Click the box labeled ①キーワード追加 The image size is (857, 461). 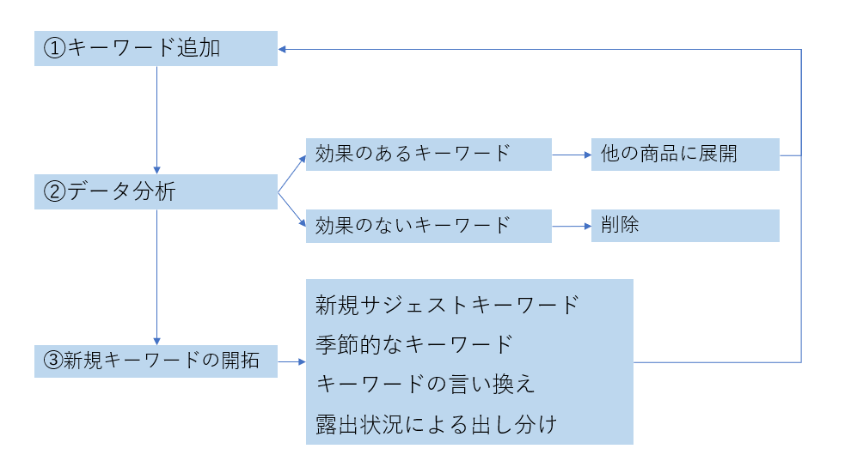pyautogui.click(x=156, y=49)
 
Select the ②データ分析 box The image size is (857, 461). pyautogui.click(x=156, y=191)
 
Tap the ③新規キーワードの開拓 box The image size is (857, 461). pyautogui.click(x=156, y=361)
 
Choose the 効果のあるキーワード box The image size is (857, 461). pyautogui.click(x=428, y=155)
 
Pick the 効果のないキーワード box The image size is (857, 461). pyautogui.click(x=428, y=226)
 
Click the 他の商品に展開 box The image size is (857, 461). pyautogui.click(x=685, y=155)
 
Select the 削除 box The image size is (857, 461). pyautogui.click(x=685, y=226)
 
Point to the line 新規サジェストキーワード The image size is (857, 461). pyautogui.click(x=447, y=305)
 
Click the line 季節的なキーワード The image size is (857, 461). pyautogui.click(x=413, y=344)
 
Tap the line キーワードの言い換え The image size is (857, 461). pyautogui.click(x=425, y=384)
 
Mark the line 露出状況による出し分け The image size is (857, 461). pyautogui.click(x=437, y=423)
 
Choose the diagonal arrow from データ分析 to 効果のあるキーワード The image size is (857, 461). pyautogui.click(x=291, y=173)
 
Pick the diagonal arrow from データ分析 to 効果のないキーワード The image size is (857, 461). pyautogui.click(x=291, y=209)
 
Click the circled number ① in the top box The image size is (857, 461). pyautogui.click(x=54, y=49)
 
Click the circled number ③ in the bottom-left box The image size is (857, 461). pyautogui.click(x=52, y=361)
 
